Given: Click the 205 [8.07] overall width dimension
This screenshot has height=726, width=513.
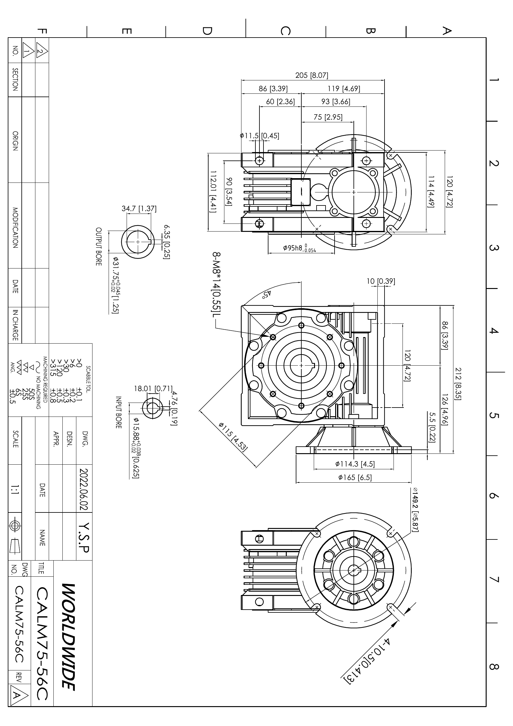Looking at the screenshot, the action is pyautogui.click(x=312, y=75).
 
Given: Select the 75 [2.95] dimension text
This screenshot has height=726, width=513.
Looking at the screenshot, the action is pyautogui.click(x=328, y=117).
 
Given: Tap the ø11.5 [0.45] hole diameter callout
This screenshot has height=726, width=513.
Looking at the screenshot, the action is pyautogui.click(x=259, y=136).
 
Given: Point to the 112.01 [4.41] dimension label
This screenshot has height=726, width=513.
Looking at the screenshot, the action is pyautogui.click(x=213, y=192).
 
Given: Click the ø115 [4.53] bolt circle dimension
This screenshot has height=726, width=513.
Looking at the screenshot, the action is pyautogui.click(x=233, y=436).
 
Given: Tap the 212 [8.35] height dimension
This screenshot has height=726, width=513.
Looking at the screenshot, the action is pyautogui.click(x=457, y=384).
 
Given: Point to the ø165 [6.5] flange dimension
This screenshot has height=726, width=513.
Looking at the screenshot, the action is pyautogui.click(x=355, y=477).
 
